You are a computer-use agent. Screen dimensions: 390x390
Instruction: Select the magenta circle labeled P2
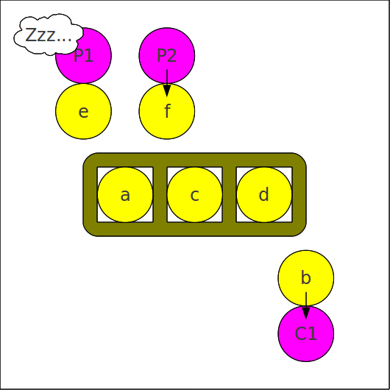(167, 55)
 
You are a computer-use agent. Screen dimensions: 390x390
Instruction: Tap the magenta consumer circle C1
(306, 334)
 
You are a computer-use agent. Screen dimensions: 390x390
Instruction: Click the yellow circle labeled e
(83, 111)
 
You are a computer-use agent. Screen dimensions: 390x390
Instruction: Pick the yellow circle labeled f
(167, 111)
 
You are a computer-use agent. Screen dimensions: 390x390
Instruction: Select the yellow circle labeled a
(125, 194)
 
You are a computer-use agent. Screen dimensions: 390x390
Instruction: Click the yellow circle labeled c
(195, 194)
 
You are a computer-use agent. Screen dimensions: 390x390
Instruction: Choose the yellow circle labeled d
(264, 194)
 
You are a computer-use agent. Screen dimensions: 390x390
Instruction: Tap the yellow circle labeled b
(306, 278)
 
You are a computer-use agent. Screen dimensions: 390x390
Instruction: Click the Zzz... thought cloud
(49, 35)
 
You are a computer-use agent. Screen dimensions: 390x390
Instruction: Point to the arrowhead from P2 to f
(167, 91)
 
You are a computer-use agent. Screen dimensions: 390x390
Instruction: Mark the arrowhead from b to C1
(306, 313)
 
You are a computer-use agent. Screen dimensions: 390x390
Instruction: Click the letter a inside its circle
(125, 195)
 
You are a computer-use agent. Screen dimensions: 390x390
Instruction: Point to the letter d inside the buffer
(264, 194)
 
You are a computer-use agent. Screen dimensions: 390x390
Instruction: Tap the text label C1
(306, 333)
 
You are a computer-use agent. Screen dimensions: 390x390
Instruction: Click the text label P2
(166, 55)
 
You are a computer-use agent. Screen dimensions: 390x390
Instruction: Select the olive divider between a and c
(160, 194)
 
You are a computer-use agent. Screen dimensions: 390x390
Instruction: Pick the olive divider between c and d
(230, 194)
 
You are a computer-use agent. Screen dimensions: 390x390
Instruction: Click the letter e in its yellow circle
(83, 112)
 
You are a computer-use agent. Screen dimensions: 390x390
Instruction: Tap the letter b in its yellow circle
(306, 277)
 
